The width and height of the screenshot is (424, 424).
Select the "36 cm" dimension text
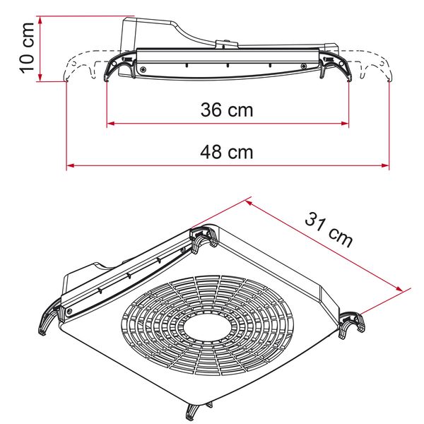tap(227, 110)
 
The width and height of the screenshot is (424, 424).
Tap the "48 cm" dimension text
tap(227, 151)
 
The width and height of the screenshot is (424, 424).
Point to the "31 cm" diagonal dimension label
tap(329, 228)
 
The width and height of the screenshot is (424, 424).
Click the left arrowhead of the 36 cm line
tap(110, 125)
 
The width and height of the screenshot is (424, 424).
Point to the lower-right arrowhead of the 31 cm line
tap(407, 289)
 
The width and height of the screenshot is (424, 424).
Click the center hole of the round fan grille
tap(205, 330)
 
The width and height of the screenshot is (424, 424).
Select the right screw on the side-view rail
tap(304, 68)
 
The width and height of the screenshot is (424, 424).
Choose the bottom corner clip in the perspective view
tap(197, 412)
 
